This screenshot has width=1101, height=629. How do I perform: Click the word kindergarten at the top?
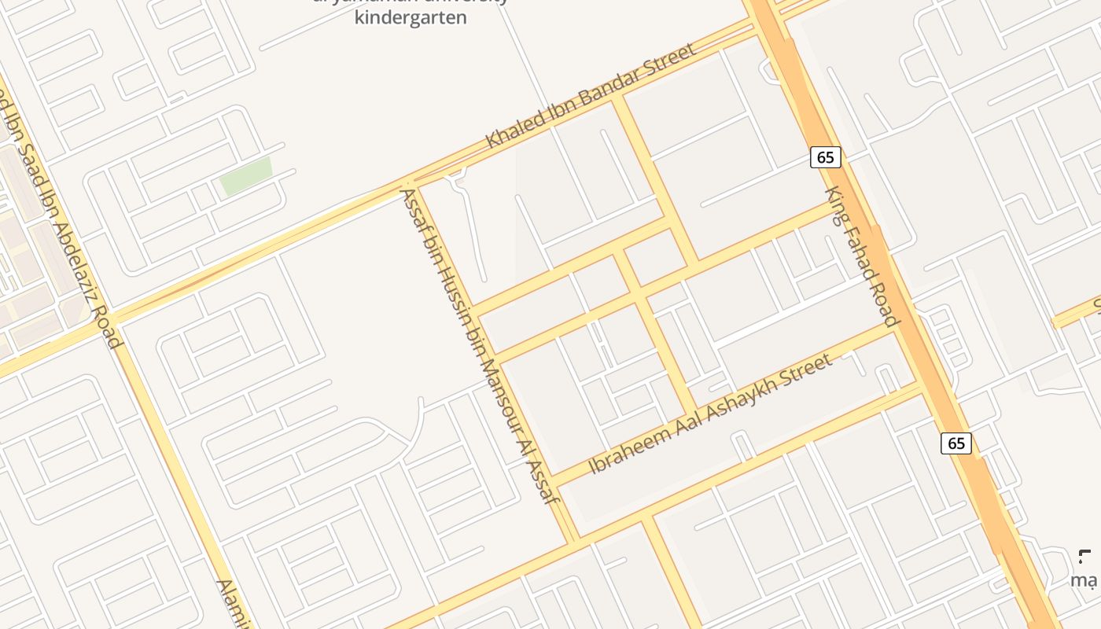411,17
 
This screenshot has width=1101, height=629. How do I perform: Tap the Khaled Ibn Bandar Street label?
591,97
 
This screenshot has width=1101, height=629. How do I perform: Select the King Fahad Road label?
861,256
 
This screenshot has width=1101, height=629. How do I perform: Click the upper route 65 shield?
825,157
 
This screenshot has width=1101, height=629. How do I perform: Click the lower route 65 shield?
956,443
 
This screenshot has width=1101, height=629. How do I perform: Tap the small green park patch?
246,175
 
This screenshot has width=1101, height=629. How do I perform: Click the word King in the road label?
836,204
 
